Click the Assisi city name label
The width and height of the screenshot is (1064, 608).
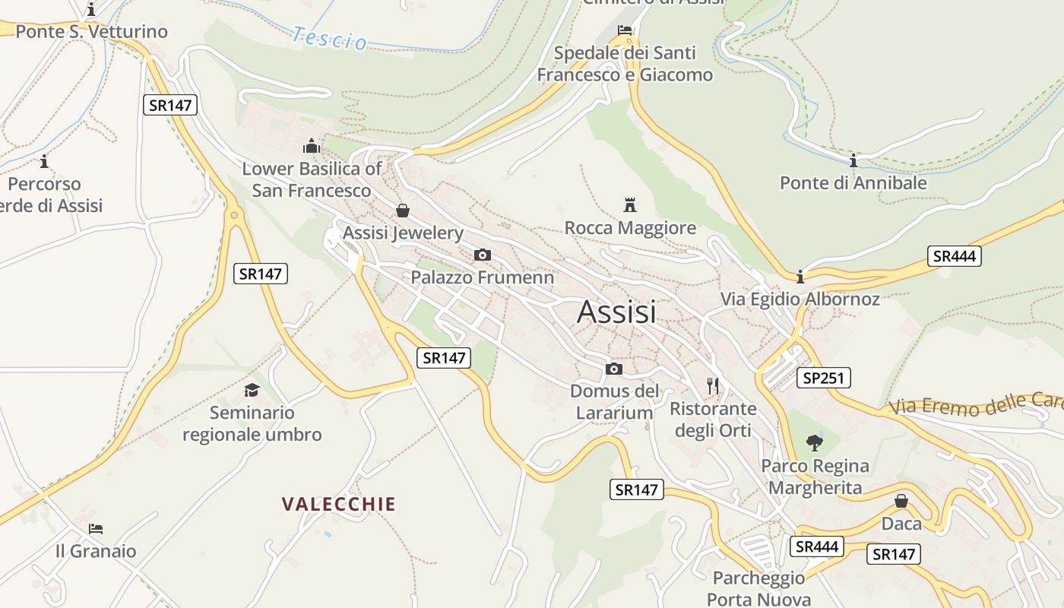[616, 312]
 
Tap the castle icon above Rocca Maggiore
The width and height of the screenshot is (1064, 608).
[629, 204]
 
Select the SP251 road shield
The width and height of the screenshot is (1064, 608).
[823, 378]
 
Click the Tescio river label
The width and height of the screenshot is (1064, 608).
[330, 38]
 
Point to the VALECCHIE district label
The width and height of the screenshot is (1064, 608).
[339, 504]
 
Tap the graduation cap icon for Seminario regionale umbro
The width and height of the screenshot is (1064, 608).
[252, 391]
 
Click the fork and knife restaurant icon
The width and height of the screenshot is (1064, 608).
[713, 386]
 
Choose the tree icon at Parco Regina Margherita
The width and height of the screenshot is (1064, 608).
[815, 442]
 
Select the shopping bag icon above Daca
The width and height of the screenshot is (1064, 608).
[901, 501]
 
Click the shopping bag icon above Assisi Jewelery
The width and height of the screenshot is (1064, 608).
[403, 210]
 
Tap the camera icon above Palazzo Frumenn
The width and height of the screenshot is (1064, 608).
[482, 255]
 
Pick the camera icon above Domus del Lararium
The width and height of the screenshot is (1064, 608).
[614, 369]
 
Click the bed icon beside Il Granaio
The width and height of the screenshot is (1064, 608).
[96, 529]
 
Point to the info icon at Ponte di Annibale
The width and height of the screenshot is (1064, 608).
[853, 160]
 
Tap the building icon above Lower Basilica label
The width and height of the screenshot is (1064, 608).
[312, 145]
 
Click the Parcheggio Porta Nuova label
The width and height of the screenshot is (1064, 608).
[758, 588]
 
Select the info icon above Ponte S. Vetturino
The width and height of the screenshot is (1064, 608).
[91, 9]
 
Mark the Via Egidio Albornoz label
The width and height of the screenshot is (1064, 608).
[800, 299]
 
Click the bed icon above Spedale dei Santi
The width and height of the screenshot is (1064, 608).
[625, 30]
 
